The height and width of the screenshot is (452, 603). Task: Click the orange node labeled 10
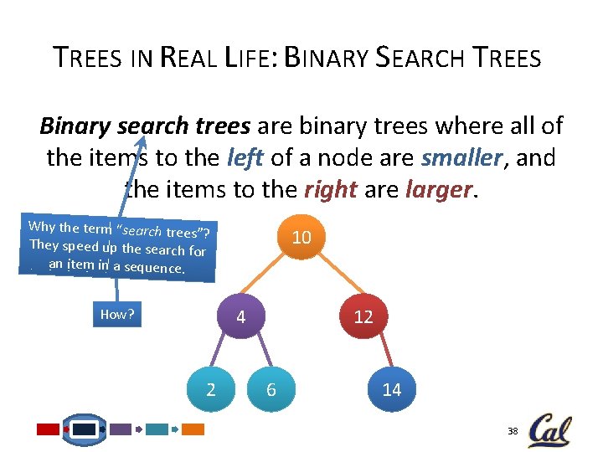(x=301, y=237)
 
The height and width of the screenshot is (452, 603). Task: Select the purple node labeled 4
(x=240, y=317)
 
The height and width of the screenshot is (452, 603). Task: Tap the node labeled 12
(x=363, y=317)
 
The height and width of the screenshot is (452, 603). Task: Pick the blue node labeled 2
(x=210, y=389)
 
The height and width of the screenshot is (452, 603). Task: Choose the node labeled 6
(x=271, y=389)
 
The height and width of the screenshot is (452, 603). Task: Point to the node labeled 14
(x=392, y=389)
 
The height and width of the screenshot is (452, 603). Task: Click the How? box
(x=117, y=315)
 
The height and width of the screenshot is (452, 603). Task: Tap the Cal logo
(x=549, y=429)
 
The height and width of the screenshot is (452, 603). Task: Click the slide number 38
(x=513, y=431)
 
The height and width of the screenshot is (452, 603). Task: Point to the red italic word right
(x=331, y=190)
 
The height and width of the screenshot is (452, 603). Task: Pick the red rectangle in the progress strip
(x=49, y=429)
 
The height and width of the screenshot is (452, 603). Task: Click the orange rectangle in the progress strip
(x=193, y=429)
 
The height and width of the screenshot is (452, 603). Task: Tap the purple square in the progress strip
(x=121, y=429)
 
